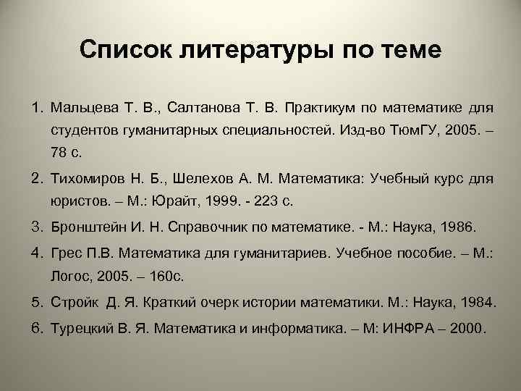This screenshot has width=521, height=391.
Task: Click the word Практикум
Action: pyautogui.click(x=319, y=109)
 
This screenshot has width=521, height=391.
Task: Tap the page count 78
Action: pyautogui.click(x=59, y=154)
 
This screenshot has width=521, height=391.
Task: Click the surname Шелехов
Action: pyautogui.click(x=192, y=180)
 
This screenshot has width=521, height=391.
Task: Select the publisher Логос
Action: pyautogui.click(x=67, y=277)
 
